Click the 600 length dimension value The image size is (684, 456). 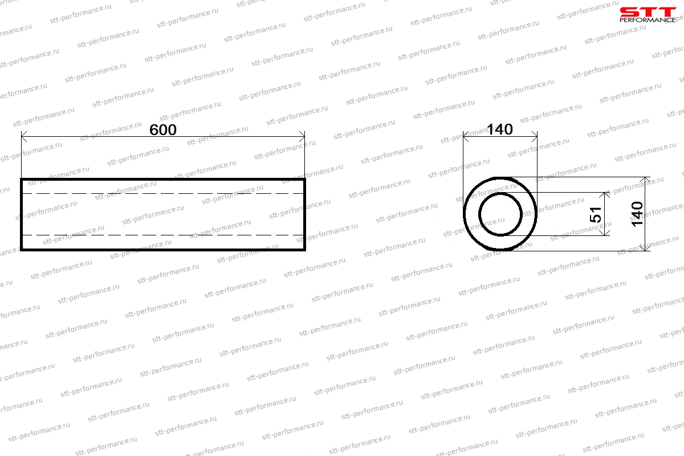point(163,129)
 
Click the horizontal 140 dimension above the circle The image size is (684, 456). point(499,129)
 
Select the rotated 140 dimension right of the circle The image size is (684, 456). point(637,214)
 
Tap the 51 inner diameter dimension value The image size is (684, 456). point(596,214)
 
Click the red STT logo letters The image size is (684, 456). point(648,12)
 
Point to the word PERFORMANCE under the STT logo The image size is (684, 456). point(648,20)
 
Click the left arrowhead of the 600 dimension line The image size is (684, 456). point(24,137)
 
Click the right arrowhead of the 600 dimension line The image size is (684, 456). point(302,137)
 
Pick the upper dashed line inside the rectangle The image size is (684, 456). point(163,193)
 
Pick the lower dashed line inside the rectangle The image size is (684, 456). point(163,235)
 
